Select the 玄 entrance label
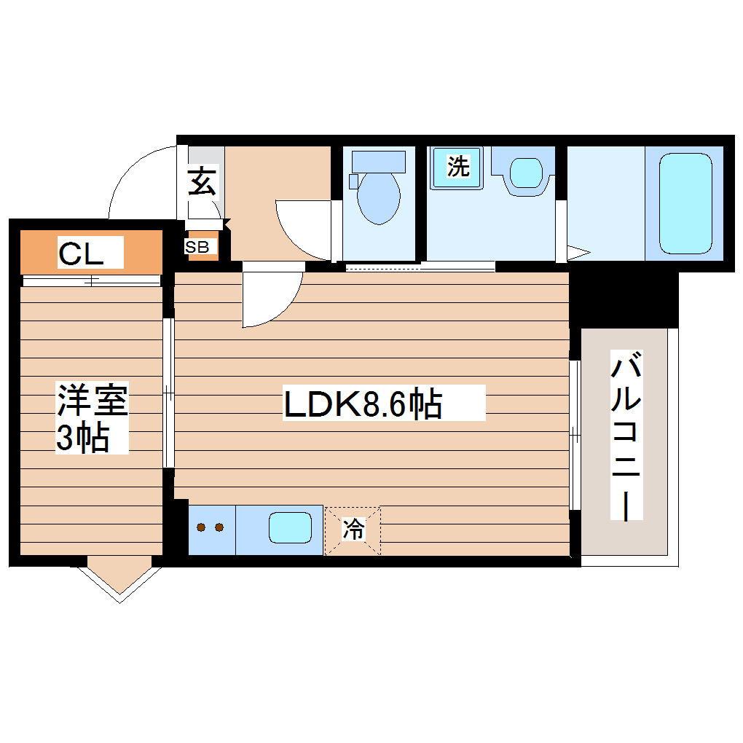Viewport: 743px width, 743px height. coord(203,182)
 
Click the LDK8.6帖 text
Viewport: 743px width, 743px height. coord(363,404)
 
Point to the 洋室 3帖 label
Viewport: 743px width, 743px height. coord(93,419)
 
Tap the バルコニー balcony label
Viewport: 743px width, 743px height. coord(626,436)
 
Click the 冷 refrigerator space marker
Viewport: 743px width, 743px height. coord(353,530)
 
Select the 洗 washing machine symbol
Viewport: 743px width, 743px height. coord(457,168)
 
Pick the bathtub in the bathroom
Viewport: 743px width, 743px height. coord(685,203)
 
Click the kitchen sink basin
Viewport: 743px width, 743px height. coord(291,528)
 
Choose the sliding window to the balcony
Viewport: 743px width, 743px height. coord(575,435)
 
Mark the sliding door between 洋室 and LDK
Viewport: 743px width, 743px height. coord(168,393)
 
